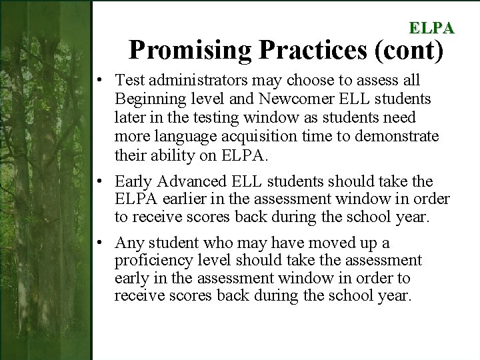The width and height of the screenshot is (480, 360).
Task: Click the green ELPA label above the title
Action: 431,28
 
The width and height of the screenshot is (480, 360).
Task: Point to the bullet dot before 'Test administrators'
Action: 98,81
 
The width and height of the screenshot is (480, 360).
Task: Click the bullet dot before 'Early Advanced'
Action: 98,182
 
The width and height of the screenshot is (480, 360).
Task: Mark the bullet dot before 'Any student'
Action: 98,243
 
